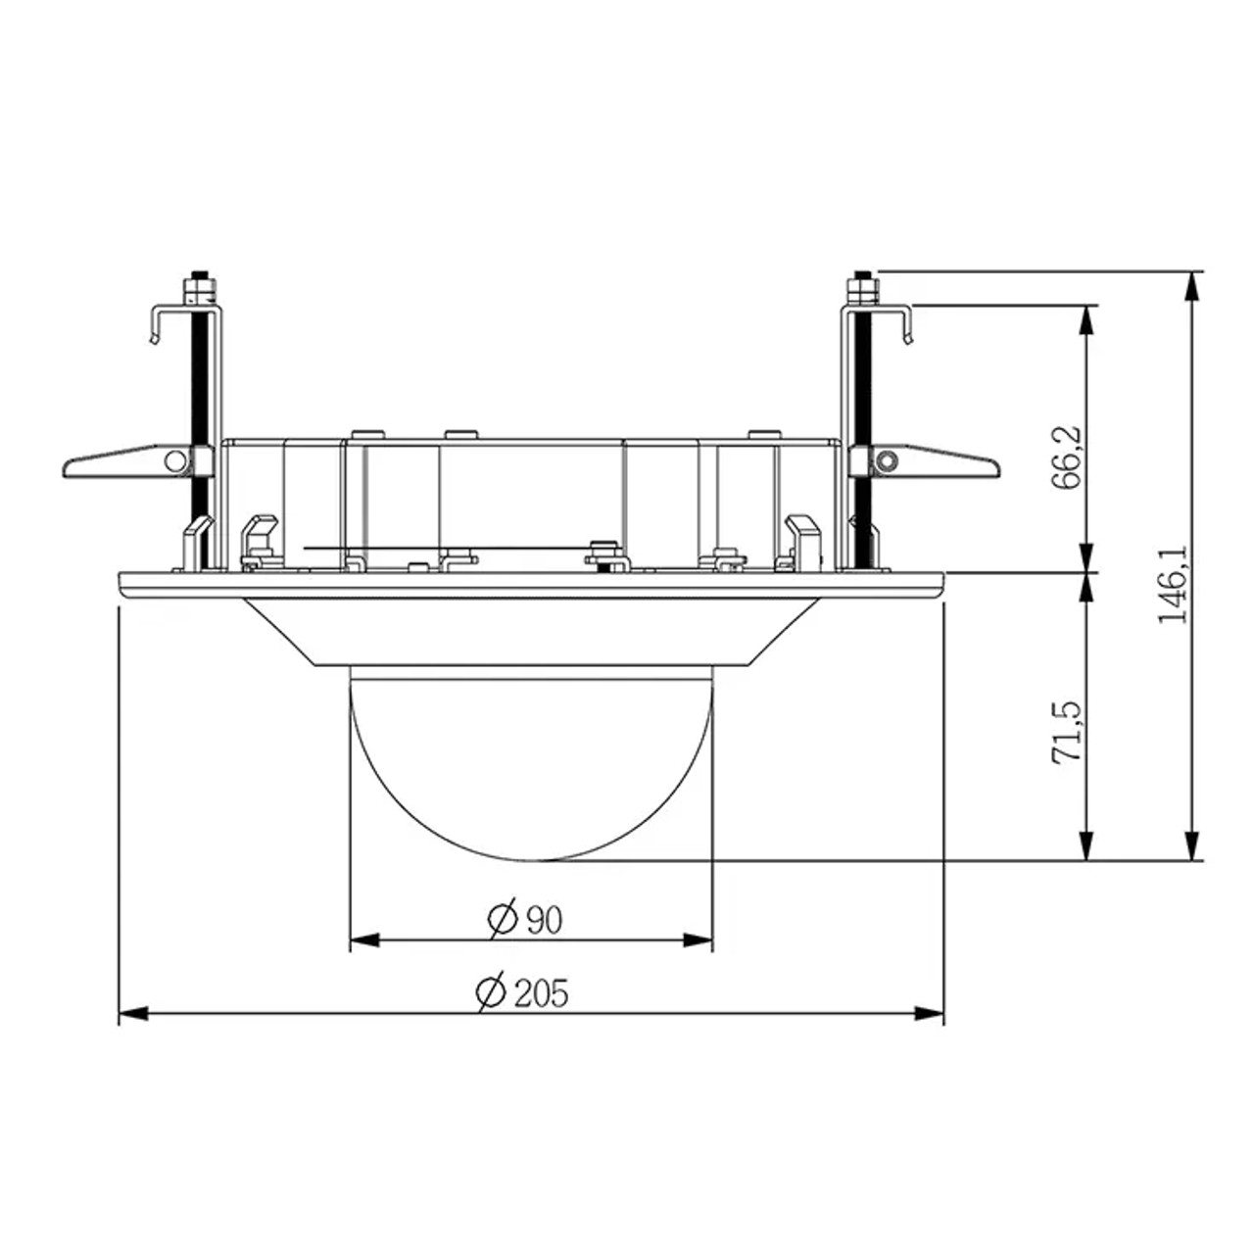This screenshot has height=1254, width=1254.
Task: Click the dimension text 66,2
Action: [1067, 457]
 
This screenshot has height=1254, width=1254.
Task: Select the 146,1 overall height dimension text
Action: [1173, 585]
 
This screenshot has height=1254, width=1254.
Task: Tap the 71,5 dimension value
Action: [1067, 732]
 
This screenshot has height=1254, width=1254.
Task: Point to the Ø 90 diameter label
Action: [526, 919]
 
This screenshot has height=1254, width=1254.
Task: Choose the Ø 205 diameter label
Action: [522, 992]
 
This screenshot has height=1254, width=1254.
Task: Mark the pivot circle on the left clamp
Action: [174, 459]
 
